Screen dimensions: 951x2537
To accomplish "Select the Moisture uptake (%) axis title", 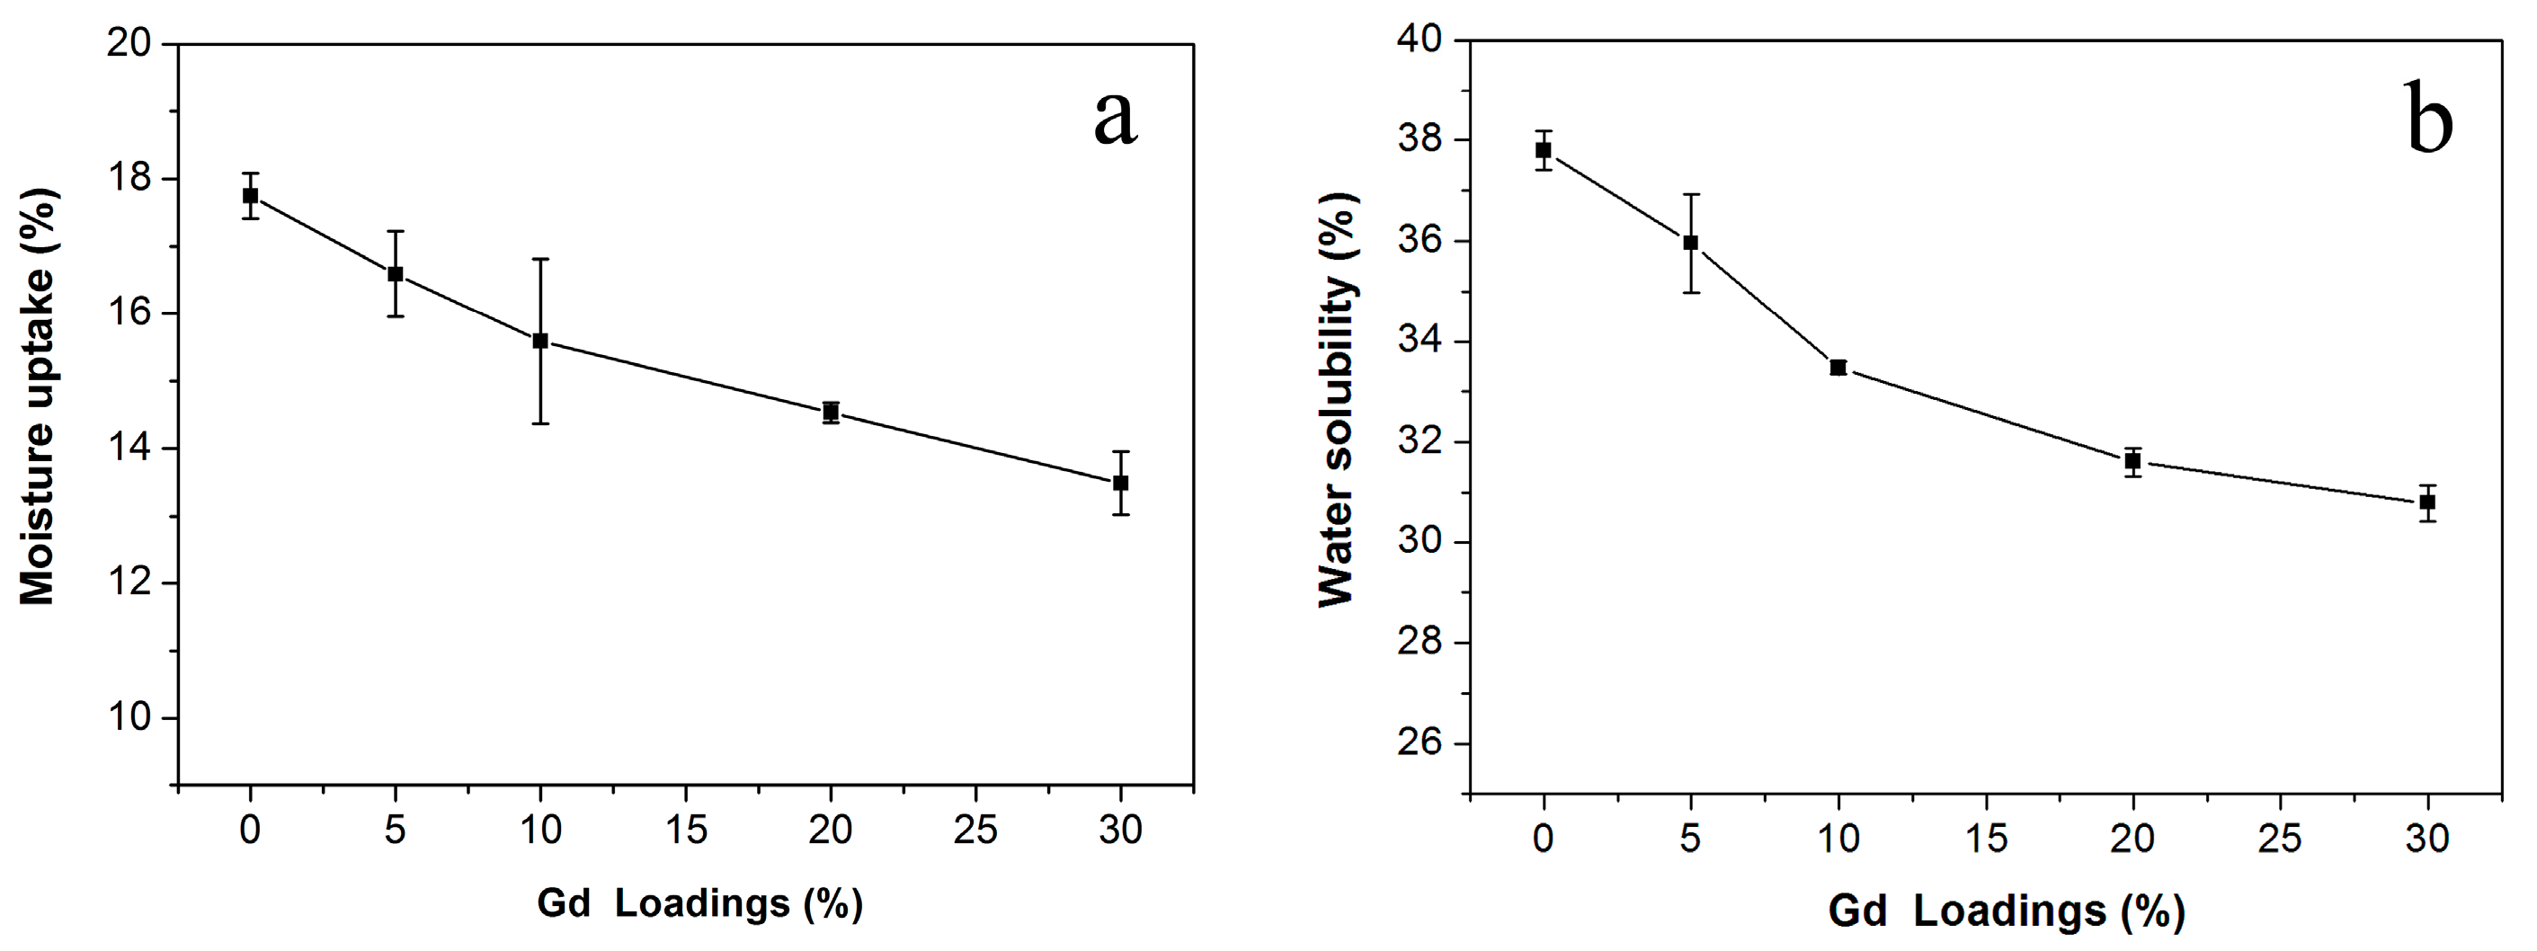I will (x=38, y=396).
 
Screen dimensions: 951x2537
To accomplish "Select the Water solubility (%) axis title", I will (x=1337, y=400).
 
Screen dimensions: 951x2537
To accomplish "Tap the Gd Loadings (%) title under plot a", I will (x=699, y=902).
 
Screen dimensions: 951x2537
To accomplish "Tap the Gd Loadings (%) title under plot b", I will (x=2007, y=911).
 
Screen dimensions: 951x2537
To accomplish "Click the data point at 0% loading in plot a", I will (x=250, y=196).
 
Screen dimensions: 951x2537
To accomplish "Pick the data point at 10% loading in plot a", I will (x=540, y=341).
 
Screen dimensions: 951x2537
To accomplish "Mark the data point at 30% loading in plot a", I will (x=1121, y=483).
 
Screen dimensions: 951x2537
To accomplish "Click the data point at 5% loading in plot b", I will (x=1691, y=242).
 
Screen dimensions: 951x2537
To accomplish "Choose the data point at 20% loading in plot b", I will (x=2133, y=461).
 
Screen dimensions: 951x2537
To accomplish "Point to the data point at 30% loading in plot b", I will (x=2427, y=502).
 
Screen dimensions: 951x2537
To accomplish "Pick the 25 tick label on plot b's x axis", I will (x=2280, y=839).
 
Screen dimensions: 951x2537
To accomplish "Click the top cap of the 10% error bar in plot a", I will (x=540, y=259).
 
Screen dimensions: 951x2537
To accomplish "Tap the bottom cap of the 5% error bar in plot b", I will (x=1691, y=292).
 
